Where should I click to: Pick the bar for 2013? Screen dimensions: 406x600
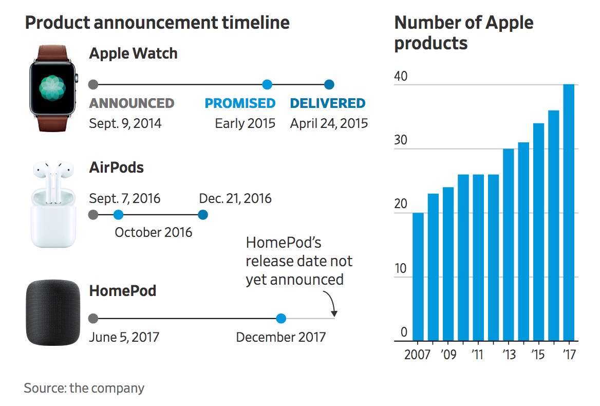(509, 245)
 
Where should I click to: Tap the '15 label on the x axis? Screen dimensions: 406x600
(538, 355)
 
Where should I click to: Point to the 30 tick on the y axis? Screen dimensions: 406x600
(400, 140)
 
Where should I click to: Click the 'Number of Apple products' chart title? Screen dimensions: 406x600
(463, 32)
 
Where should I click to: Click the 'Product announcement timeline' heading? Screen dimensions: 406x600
(157, 23)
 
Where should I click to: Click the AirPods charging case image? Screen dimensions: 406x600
(53, 218)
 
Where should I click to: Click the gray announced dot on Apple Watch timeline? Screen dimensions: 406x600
(93, 84)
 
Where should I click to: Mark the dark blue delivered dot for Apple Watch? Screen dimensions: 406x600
(329, 84)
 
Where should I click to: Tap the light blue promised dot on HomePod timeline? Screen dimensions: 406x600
(281, 319)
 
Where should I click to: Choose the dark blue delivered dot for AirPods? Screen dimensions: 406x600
(203, 215)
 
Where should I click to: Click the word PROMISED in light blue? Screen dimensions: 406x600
(240, 103)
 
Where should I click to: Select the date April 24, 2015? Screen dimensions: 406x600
(329, 124)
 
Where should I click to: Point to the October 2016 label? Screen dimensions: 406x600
(153, 232)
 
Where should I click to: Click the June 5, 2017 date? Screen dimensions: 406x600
(124, 338)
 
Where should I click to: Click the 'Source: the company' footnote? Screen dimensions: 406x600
(84, 388)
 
